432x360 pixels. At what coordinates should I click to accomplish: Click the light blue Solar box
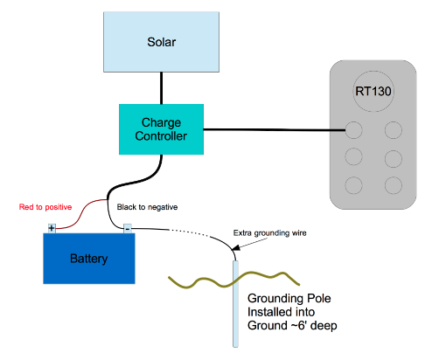tap(160, 42)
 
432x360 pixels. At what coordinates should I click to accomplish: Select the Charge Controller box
tap(160, 128)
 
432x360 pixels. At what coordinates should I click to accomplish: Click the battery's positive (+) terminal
tap(52, 229)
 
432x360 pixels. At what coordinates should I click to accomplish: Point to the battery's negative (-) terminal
tap(127, 229)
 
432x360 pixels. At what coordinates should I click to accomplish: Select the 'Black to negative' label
tap(147, 207)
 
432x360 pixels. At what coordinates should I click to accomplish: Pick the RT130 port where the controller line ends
tap(354, 131)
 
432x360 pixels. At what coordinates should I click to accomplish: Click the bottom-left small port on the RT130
tap(354, 185)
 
